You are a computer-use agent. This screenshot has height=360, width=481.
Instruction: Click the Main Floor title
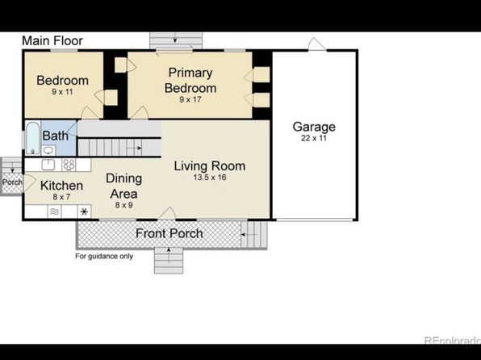click(x=52, y=41)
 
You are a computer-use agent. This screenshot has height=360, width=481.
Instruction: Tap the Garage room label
click(x=314, y=127)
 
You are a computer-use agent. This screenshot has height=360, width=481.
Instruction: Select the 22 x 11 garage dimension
click(x=314, y=138)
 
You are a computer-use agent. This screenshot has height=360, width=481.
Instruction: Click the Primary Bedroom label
click(x=190, y=81)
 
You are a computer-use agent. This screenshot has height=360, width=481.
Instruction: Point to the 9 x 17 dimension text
click(x=190, y=99)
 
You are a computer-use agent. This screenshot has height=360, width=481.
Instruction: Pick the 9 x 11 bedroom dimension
click(x=62, y=92)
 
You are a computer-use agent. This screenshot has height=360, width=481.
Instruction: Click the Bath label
click(x=55, y=136)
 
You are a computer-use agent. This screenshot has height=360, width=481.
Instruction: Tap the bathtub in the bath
click(x=32, y=138)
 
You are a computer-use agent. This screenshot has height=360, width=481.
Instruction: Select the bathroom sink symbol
click(x=48, y=150)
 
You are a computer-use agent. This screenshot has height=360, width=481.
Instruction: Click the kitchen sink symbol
click(x=48, y=165)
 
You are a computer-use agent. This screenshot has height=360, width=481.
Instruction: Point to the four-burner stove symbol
click(x=69, y=165)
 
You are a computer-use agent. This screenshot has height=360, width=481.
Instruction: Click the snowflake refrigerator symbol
click(x=84, y=211)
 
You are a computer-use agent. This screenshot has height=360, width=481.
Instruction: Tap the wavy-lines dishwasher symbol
click(x=55, y=211)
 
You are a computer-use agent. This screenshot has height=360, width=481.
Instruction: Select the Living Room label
click(x=210, y=166)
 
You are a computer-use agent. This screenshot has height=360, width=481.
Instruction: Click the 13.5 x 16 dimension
click(x=210, y=178)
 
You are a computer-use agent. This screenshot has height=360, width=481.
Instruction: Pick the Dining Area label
click(x=124, y=186)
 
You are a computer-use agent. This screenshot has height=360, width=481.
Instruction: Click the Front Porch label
click(x=169, y=233)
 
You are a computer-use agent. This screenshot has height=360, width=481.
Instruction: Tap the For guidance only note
click(x=104, y=256)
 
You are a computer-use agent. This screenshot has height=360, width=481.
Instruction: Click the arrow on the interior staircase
click(x=134, y=149)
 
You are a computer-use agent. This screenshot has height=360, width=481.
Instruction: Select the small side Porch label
click(x=12, y=182)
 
